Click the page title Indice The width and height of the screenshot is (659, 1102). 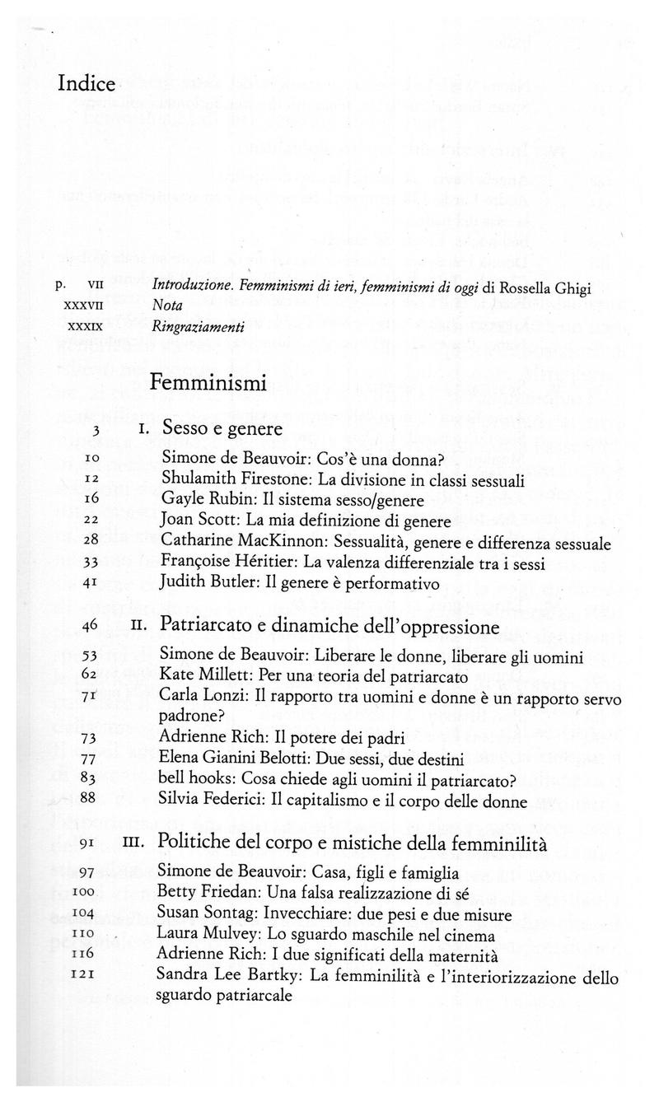[87, 85]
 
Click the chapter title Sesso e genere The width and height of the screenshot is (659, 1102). [222, 428]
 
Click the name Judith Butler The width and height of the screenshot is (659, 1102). [204, 584]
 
